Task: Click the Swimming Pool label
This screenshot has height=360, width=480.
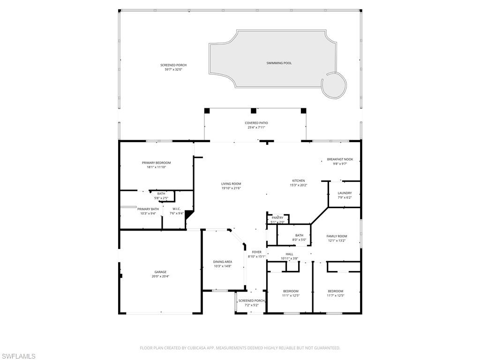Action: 279,63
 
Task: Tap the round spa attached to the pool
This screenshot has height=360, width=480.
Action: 334,85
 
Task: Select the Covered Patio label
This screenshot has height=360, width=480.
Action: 256,123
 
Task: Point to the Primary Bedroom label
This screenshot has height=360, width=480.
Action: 156,163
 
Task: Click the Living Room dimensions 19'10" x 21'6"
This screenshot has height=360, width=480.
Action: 231,188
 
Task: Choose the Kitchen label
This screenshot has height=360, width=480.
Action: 299,180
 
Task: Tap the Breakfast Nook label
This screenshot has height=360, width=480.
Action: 340,159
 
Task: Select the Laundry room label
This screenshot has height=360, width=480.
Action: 345,193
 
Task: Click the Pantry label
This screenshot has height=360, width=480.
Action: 277,217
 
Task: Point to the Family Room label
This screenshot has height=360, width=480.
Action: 337,236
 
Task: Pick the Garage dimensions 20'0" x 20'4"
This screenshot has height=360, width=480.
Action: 161,277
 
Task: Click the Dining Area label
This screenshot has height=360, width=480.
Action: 223,262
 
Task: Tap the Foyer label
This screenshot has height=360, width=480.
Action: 256,252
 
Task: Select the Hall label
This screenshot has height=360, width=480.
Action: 289,254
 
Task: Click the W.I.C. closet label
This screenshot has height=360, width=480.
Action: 176,209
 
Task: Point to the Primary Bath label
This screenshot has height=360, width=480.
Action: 148,209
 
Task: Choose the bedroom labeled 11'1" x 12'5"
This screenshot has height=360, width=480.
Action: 290,291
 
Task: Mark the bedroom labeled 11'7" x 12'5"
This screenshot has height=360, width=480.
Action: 335,291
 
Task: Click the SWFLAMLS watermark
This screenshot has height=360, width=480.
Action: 18,356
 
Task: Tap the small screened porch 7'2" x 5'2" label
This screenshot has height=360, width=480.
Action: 252,300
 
